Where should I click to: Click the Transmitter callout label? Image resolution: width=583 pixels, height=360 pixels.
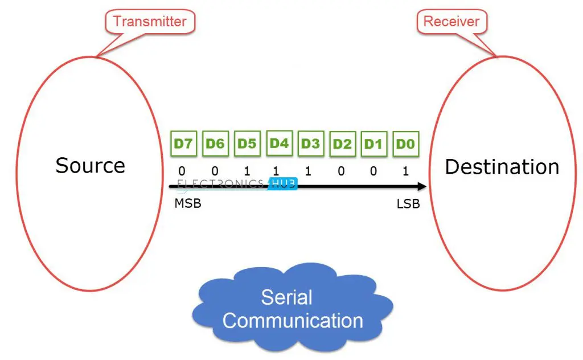(x=150, y=22)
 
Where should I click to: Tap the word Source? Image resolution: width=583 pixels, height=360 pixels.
(x=90, y=165)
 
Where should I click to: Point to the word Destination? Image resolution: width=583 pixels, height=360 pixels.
(x=502, y=166)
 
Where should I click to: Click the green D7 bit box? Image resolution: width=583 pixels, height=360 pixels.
(x=183, y=144)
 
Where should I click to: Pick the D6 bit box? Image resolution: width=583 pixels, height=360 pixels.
(x=215, y=144)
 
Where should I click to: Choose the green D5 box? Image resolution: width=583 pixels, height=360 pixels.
(x=247, y=144)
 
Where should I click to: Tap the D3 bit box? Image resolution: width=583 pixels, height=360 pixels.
(x=310, y=144)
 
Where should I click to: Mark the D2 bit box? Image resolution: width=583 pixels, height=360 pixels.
(x=342, y=144)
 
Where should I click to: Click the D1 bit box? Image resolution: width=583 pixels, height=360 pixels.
(x=373, y=144)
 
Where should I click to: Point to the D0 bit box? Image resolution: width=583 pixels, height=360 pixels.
(x=405, y=144)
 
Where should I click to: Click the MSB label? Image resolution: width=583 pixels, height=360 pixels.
(x=188, y=203)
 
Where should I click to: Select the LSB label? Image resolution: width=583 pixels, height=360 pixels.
(x=408, y=203)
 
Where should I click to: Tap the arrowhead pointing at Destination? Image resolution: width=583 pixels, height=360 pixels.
(x=422, y=186)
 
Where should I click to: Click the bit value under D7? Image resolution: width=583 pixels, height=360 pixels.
(x=182, y=170)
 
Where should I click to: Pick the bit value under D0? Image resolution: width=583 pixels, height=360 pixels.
(x=405, y=170)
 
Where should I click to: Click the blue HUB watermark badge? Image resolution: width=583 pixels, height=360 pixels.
(x=283, y=183)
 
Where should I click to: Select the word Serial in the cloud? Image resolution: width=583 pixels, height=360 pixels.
(x=286, y=297)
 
